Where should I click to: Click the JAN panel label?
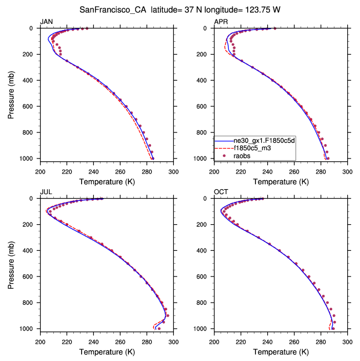tap(46, 22)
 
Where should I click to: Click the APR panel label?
tap(221, 22)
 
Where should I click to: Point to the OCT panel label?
tap(221, 192)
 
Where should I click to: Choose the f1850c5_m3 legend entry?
tap(252, 149)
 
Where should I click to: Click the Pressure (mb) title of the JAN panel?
tap(11, 93)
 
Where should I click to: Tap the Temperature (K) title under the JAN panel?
tap(106, 181)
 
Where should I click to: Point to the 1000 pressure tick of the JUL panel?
tap(28, 329)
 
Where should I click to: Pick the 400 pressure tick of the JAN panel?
tap(31, 80)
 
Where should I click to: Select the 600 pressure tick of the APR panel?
tap(205, 106)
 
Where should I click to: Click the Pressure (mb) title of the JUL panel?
tap(11, 263)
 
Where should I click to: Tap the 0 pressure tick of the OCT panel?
tap(209, 199)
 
